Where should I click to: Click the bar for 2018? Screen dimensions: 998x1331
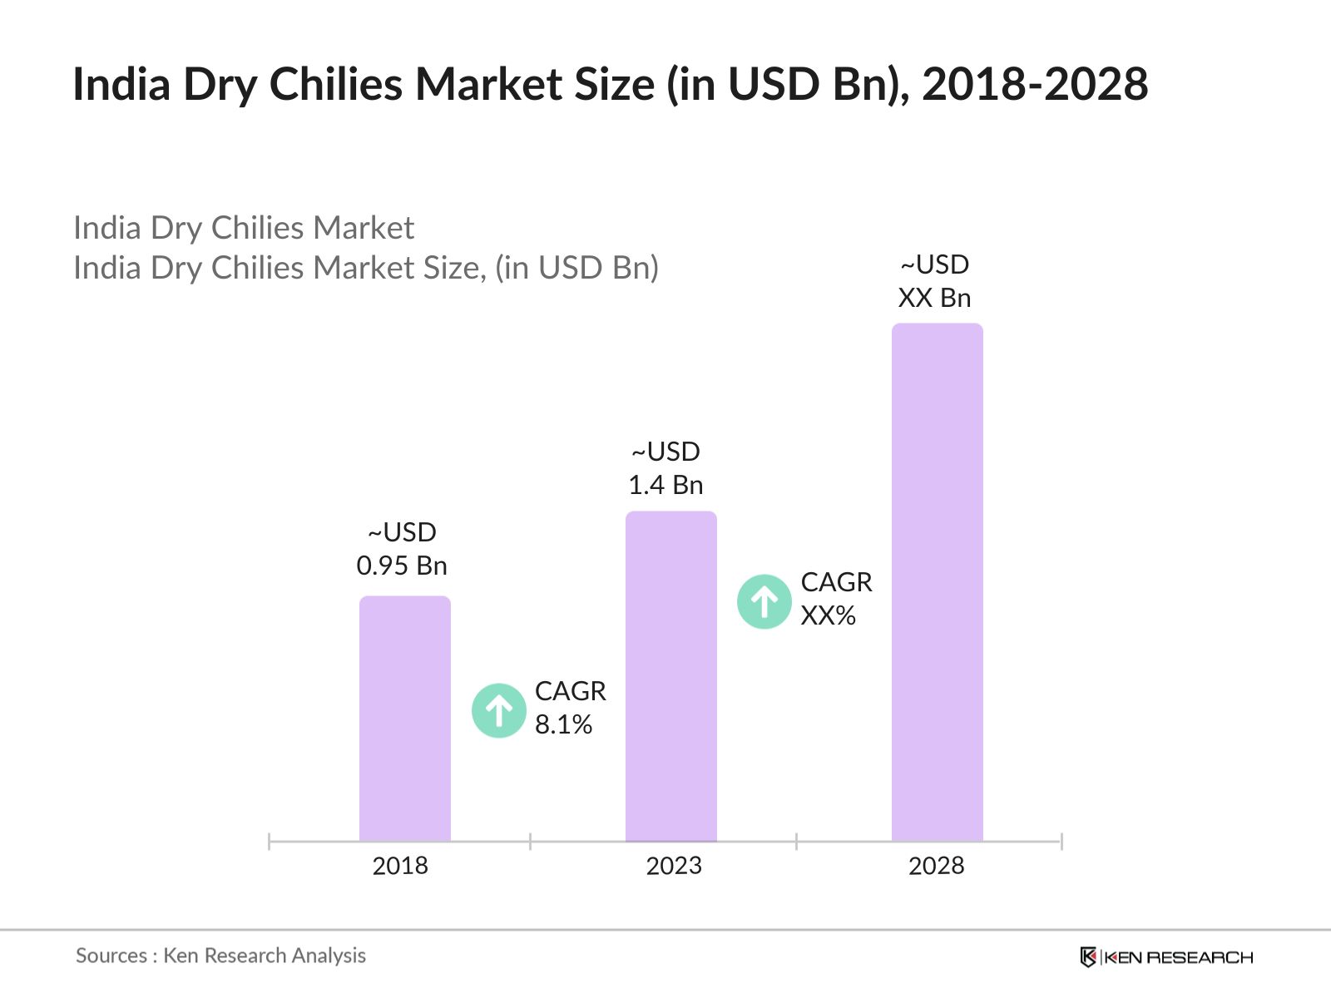pos(404,719)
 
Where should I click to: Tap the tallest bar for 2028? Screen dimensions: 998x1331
pos(937,582)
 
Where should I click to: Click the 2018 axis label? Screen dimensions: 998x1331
pos(400,866)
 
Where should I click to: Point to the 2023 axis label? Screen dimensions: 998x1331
pos(674,866)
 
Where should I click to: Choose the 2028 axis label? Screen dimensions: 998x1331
pos(936,866)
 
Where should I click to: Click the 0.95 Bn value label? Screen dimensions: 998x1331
pos(402,566)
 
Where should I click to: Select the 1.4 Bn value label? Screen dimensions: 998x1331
pos(665,485)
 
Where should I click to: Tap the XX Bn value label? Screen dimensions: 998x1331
pos(934,298)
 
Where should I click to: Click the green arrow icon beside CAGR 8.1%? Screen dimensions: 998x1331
pos(499,710)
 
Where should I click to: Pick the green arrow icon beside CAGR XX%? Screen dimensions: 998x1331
pos(764,601)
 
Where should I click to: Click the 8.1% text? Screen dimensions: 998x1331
pos(563,724)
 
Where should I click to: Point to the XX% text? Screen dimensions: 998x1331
pos(828,615)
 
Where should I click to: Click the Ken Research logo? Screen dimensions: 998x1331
pos(1166,957)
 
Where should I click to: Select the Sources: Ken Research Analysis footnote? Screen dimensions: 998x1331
pos(220,956)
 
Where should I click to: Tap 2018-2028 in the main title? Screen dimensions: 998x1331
pos(1035,84)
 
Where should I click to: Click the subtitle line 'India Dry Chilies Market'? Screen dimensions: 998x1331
pos(243,228)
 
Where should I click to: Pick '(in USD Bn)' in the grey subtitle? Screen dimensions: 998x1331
pos(576,268)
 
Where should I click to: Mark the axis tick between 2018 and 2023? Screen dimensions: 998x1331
pos(530,842)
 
